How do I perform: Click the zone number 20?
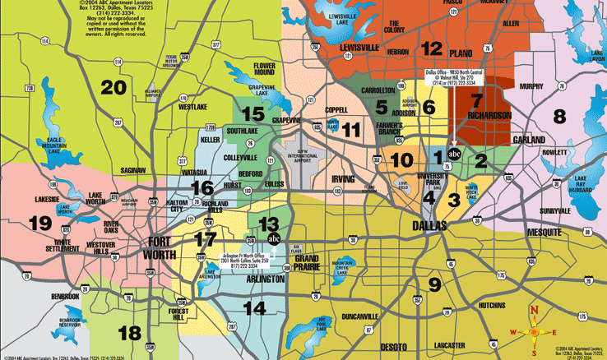pos(114,86)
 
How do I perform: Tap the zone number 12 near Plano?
pos(432,48)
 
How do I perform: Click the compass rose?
pos(534,334)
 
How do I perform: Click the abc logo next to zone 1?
pos(454,154)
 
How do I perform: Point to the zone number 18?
pos(130,333)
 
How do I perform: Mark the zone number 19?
pos(39,222)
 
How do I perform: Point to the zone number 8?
pos(560,116)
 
